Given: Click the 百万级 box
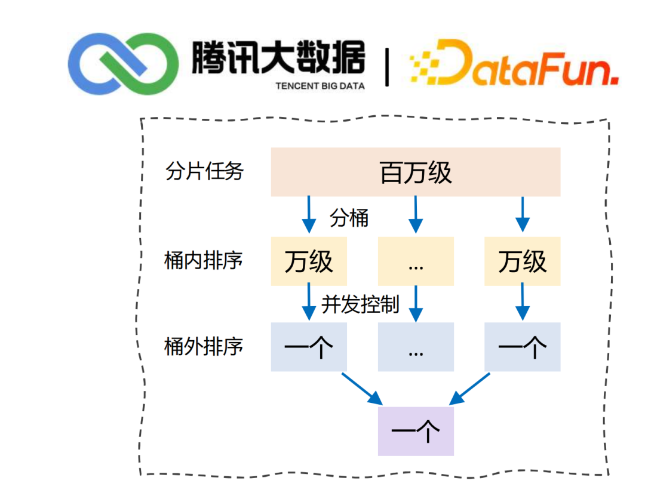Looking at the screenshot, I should (x=416, y=172).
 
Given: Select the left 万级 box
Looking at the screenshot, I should (x=309, y=261).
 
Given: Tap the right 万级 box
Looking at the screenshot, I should (x=523, y=261).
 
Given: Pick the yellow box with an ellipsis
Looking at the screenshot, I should (x=416, y=261).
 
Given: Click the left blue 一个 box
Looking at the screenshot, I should (x=309, y=347).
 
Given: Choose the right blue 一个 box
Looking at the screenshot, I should (x=523, y=347).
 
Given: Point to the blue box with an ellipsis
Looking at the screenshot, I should (x=416, y=347).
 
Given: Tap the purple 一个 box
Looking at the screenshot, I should (x=416, y=431).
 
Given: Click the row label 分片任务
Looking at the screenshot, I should (x=205, y=172).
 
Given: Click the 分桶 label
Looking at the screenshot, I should (x=349, y=218).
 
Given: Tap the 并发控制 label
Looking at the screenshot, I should (x=360, y=304).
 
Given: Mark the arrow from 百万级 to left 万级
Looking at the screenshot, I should (x=309, y=215).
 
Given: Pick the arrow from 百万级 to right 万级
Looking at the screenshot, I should (x=523, y=215).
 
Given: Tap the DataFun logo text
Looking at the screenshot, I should (x=514, y=64).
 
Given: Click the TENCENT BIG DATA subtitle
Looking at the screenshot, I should (x=320, y=86).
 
